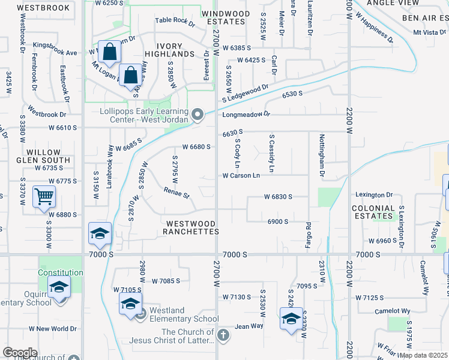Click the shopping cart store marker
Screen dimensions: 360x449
[x=44, y=196]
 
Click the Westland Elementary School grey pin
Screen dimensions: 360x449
[x=140, y=314]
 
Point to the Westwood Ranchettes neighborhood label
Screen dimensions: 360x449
[x=190, y=227]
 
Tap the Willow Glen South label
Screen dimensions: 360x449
[x=44, y=156]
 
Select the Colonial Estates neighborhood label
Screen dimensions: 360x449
[x=373, y=212]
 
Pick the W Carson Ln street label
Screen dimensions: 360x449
[x=241, y=176]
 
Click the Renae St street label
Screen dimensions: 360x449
[x=176, y=194]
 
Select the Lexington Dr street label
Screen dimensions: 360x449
[x=373, y=195]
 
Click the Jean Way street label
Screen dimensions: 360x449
[x=249, y=326]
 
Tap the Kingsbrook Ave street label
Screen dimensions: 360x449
[x=55, y=53]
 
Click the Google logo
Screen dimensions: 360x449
[x=20, y=353]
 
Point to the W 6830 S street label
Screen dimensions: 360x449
[x=278, y=197]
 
